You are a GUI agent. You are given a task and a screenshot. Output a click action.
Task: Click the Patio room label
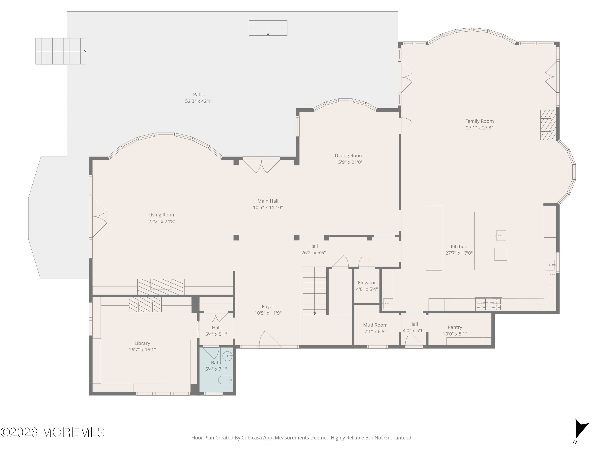pyautogui.click(x=199, y=94)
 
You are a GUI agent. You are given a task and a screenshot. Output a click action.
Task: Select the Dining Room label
pyautogui.click(x=349, y=156)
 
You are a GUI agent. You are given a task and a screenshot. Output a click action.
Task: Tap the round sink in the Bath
pyautogui.click(x=227, y=356)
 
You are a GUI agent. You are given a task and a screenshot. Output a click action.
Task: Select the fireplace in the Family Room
pyautogui.click(x=548, y=125)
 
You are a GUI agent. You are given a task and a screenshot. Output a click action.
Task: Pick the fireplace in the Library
pyautogui.click(x=145, y=304)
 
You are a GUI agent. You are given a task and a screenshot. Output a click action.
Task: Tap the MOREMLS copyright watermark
pyautogui.click(x=52, y=432)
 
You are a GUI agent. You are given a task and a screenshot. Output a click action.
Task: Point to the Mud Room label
pyautogui.click(x=375, y=325)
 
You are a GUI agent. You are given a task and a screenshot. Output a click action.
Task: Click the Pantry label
pyautogui.click(x=455, y=327)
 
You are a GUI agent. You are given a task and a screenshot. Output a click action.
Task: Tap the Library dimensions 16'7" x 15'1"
pyautogui.click(x=142, y=350)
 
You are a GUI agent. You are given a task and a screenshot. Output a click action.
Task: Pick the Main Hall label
pyautogui.click(x=268, y=201)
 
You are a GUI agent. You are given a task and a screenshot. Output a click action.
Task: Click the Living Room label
pyautogui.click(x=162, y=215)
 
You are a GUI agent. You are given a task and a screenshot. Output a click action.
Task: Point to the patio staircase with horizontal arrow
pyautogui.click(x=61, y=51)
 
